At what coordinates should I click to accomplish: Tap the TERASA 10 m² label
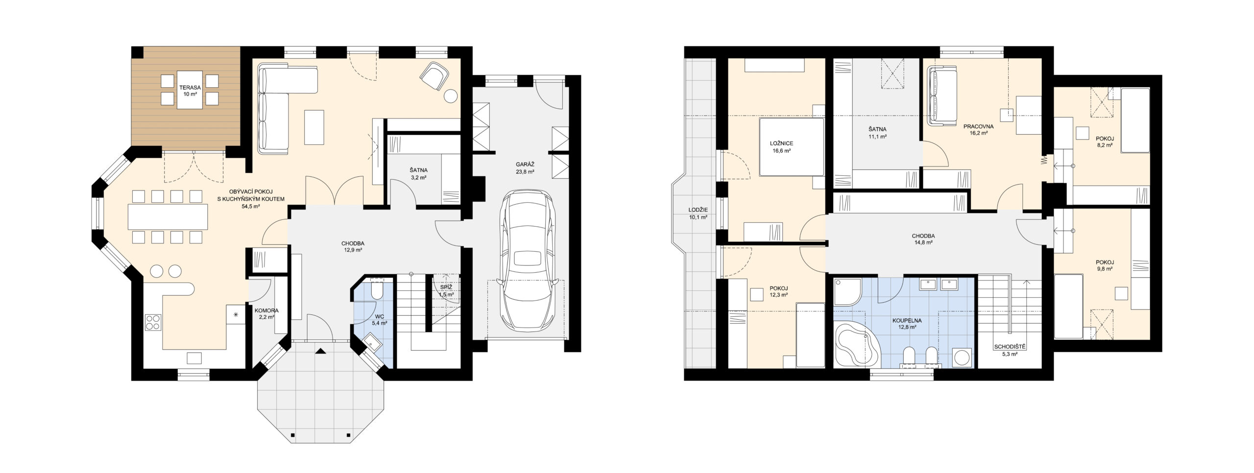(x=187, y=91)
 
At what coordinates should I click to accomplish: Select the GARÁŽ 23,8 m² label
(x=524, y=168)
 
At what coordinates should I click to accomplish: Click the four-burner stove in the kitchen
(x=153, y=322)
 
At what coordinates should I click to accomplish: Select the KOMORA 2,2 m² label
(x=266, y=313)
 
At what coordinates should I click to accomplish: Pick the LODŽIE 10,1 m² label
(x=698, y=213)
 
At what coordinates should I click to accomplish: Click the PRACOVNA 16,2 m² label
(x=974, y=129)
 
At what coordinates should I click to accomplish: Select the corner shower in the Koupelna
(x=846, y=292)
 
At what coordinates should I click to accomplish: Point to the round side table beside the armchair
(x=450, y=96)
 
